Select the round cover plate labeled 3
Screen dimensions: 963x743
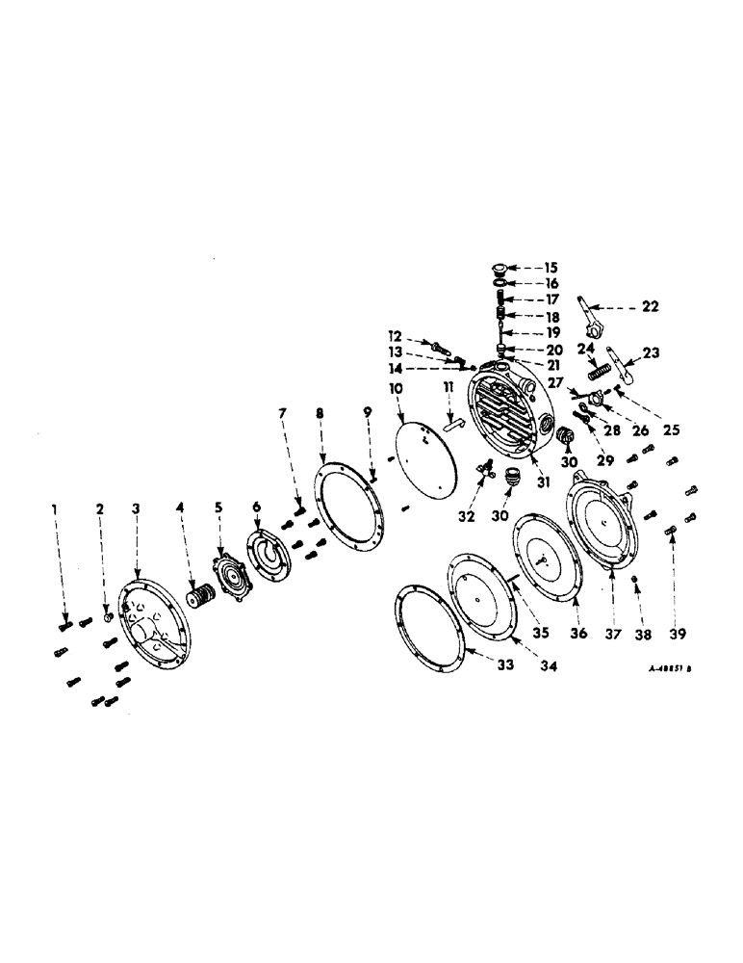point(153,624)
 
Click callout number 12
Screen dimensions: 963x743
point(397,335)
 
